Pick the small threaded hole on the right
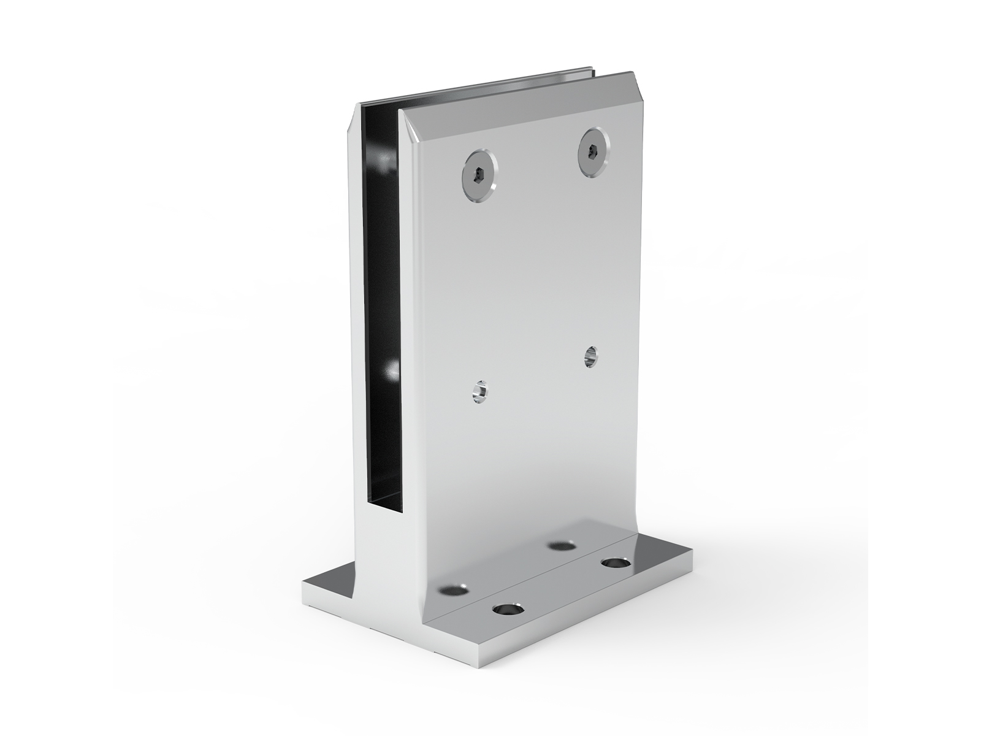591,356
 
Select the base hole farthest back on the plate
560,545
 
